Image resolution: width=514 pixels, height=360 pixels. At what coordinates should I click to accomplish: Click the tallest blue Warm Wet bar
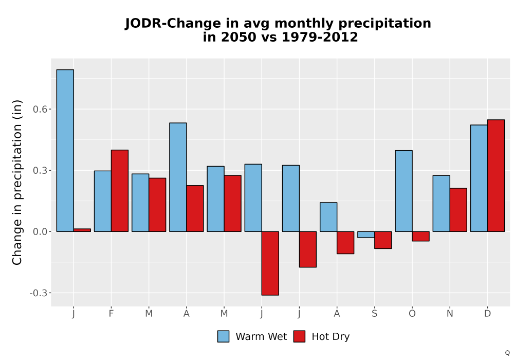[65, 151]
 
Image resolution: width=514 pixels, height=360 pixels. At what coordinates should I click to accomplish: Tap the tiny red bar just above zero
[82, 230]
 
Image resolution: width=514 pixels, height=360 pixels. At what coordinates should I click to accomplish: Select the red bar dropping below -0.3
[270, 263]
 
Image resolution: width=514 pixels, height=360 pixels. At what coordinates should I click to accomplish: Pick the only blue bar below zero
[366, 235]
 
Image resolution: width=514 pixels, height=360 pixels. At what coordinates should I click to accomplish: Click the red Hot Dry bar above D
[495, 176]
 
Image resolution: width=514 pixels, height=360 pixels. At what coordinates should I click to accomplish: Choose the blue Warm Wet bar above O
[403, 191]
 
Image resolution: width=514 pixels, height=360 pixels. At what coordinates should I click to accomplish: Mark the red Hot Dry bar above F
[120, 191]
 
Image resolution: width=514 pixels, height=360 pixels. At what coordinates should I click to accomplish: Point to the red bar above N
[458, 210]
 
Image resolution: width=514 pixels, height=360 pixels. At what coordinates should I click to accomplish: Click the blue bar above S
[366, 235]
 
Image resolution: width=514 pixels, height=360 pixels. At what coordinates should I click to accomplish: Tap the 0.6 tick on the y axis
[40, 109]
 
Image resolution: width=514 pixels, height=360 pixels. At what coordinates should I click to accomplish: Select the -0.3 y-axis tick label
[39, 293]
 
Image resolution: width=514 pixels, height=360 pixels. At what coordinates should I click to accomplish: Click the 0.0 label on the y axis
[40, 231]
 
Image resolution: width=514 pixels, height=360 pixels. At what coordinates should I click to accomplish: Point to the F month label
[111, 314]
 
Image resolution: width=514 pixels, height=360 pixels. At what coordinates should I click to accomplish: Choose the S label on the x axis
[374, 314]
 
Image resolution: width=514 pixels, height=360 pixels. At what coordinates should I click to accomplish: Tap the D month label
[487, 314]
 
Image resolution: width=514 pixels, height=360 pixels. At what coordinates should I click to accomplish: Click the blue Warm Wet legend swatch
[223, 336]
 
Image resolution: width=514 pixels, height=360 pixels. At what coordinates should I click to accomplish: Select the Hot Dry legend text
[331, 337]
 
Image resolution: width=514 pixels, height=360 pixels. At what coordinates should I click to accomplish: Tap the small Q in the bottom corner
[507, 353]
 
